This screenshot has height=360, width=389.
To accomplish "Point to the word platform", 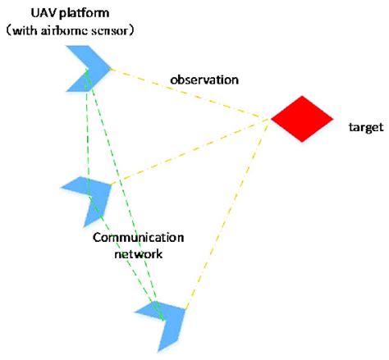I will point(90,14).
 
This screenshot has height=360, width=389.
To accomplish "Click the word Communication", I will point(138,238).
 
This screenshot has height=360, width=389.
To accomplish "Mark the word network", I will point(138,254).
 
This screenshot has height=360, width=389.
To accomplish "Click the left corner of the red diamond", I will point(272,119).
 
